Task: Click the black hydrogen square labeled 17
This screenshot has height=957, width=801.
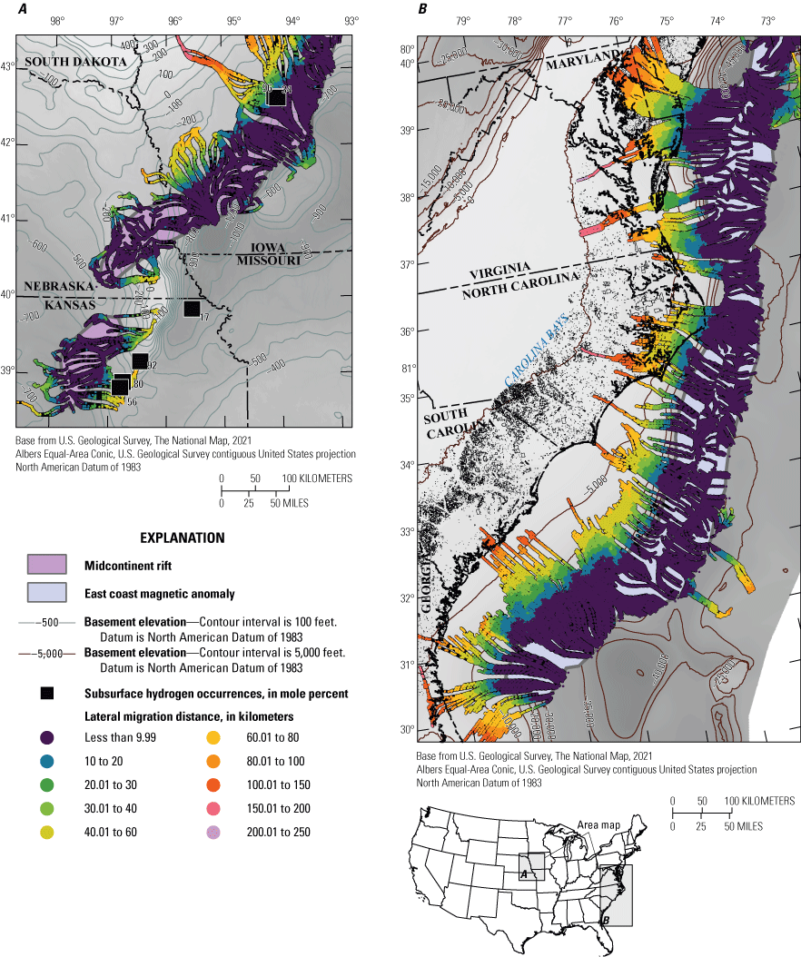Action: (192, 309)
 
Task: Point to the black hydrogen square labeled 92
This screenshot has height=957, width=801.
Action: (140, 361)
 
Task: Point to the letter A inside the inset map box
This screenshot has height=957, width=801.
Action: (523, 873)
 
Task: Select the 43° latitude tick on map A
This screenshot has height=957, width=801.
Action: (7, 67)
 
